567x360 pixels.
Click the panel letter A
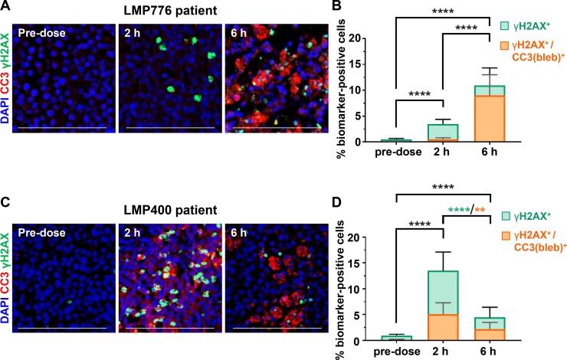pos(6,8)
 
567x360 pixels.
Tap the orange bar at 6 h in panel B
pos(491,119)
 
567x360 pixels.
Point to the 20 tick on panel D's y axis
pos(382,238)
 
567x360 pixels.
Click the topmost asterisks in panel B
pos(444,9)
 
